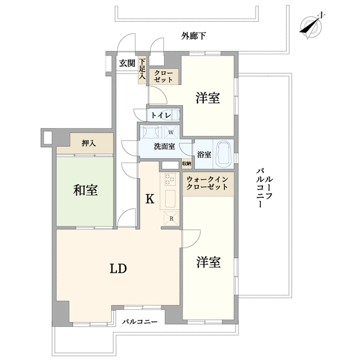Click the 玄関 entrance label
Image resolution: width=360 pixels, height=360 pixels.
point(127,63)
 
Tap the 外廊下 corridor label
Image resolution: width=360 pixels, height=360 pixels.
point(193,36)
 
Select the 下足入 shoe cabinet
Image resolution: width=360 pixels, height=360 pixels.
point(142,70)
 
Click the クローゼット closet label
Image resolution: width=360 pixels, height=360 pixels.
point(164,76)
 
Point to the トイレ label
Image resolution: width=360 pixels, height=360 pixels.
point(161,115)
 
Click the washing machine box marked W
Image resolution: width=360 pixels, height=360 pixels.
point(171,132)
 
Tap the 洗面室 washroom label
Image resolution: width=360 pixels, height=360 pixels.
point(164,146)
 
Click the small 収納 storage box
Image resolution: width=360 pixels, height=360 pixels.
point(187,164)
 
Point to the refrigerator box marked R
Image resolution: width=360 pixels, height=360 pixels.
point(171,218)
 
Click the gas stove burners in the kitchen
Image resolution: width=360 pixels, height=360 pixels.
point(170,179)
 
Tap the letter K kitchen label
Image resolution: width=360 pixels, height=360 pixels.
point(150,199)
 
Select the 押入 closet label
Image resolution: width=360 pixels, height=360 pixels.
point(89,144)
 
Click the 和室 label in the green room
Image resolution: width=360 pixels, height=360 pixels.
point(86,190)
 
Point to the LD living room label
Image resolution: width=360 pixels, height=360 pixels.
point(118,268)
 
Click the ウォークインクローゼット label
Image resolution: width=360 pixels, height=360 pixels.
point(207,183)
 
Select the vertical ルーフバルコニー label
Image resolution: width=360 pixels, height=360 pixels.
point(264,187)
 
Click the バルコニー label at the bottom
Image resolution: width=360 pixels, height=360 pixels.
point(140,322)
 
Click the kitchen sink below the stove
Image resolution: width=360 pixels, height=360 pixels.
point(171,198)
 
